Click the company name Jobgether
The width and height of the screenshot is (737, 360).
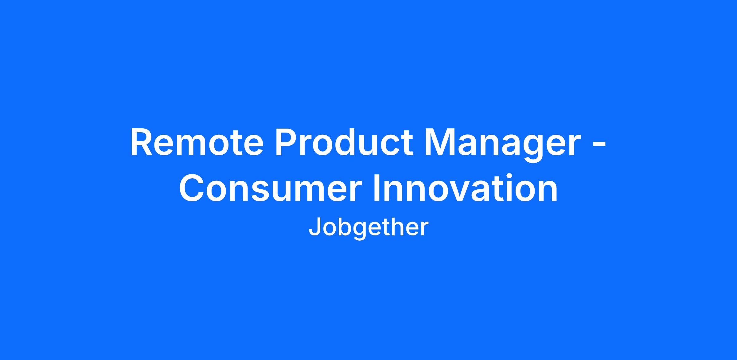368,228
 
